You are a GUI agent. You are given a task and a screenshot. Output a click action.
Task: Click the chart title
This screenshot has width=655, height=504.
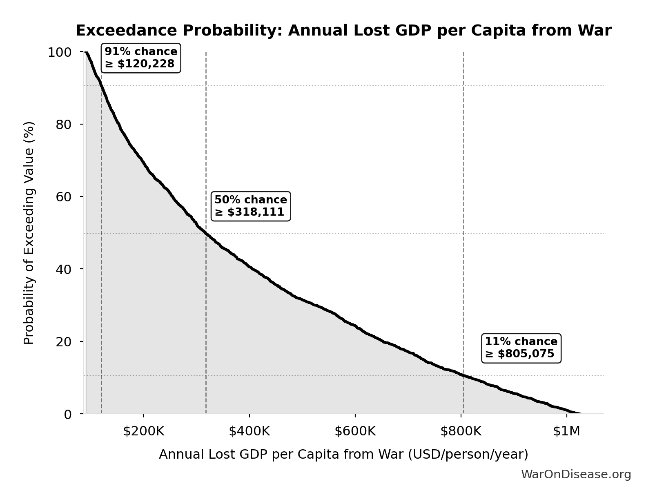[x=343, y=31]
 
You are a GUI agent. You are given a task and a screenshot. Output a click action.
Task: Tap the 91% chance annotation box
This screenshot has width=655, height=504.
[x=141, y=58]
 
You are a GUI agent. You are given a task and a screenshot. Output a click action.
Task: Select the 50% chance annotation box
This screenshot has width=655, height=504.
[x=250, y=206]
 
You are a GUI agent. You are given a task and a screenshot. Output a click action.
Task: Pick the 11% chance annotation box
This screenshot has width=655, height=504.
[x=521, y=348]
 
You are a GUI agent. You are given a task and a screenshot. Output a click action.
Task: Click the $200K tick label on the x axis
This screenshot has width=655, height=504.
[x=143, y=431]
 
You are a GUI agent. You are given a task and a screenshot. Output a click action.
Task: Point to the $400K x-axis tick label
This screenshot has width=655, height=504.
[x=249, y=431]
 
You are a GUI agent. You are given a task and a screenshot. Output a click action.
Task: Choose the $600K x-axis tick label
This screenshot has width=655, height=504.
[x=355, y=431]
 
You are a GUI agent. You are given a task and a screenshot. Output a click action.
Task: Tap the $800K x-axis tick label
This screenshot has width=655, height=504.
[x=461, y=431]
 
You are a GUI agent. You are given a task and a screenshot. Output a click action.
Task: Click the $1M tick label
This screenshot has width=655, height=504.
[x=566, y=431]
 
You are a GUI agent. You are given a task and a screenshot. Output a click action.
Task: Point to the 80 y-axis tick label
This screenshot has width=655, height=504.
[x=64, y=124]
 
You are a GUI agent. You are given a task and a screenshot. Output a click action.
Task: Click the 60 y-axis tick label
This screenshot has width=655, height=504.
[x=64, y=196]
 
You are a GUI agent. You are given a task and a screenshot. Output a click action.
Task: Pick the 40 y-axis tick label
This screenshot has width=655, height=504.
[x=64, y=269]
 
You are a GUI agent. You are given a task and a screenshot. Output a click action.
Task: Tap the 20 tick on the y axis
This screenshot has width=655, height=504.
[x=64, y=341]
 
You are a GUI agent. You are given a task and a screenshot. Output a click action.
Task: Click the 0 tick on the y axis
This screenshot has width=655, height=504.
[x=68, y=414]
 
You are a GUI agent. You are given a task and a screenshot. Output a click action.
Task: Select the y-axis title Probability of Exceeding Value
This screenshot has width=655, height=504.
[x=29, y=233]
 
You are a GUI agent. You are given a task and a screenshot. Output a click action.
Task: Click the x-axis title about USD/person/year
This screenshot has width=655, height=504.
[x=343, y=454]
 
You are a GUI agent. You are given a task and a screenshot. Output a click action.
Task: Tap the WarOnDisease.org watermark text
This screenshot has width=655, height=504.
[x=576, y=474]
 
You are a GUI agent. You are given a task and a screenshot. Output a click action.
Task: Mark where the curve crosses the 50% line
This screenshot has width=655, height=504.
[x=206, y=234]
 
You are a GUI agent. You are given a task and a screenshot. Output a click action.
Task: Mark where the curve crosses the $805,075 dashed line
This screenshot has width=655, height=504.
[x=463, y=375]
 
